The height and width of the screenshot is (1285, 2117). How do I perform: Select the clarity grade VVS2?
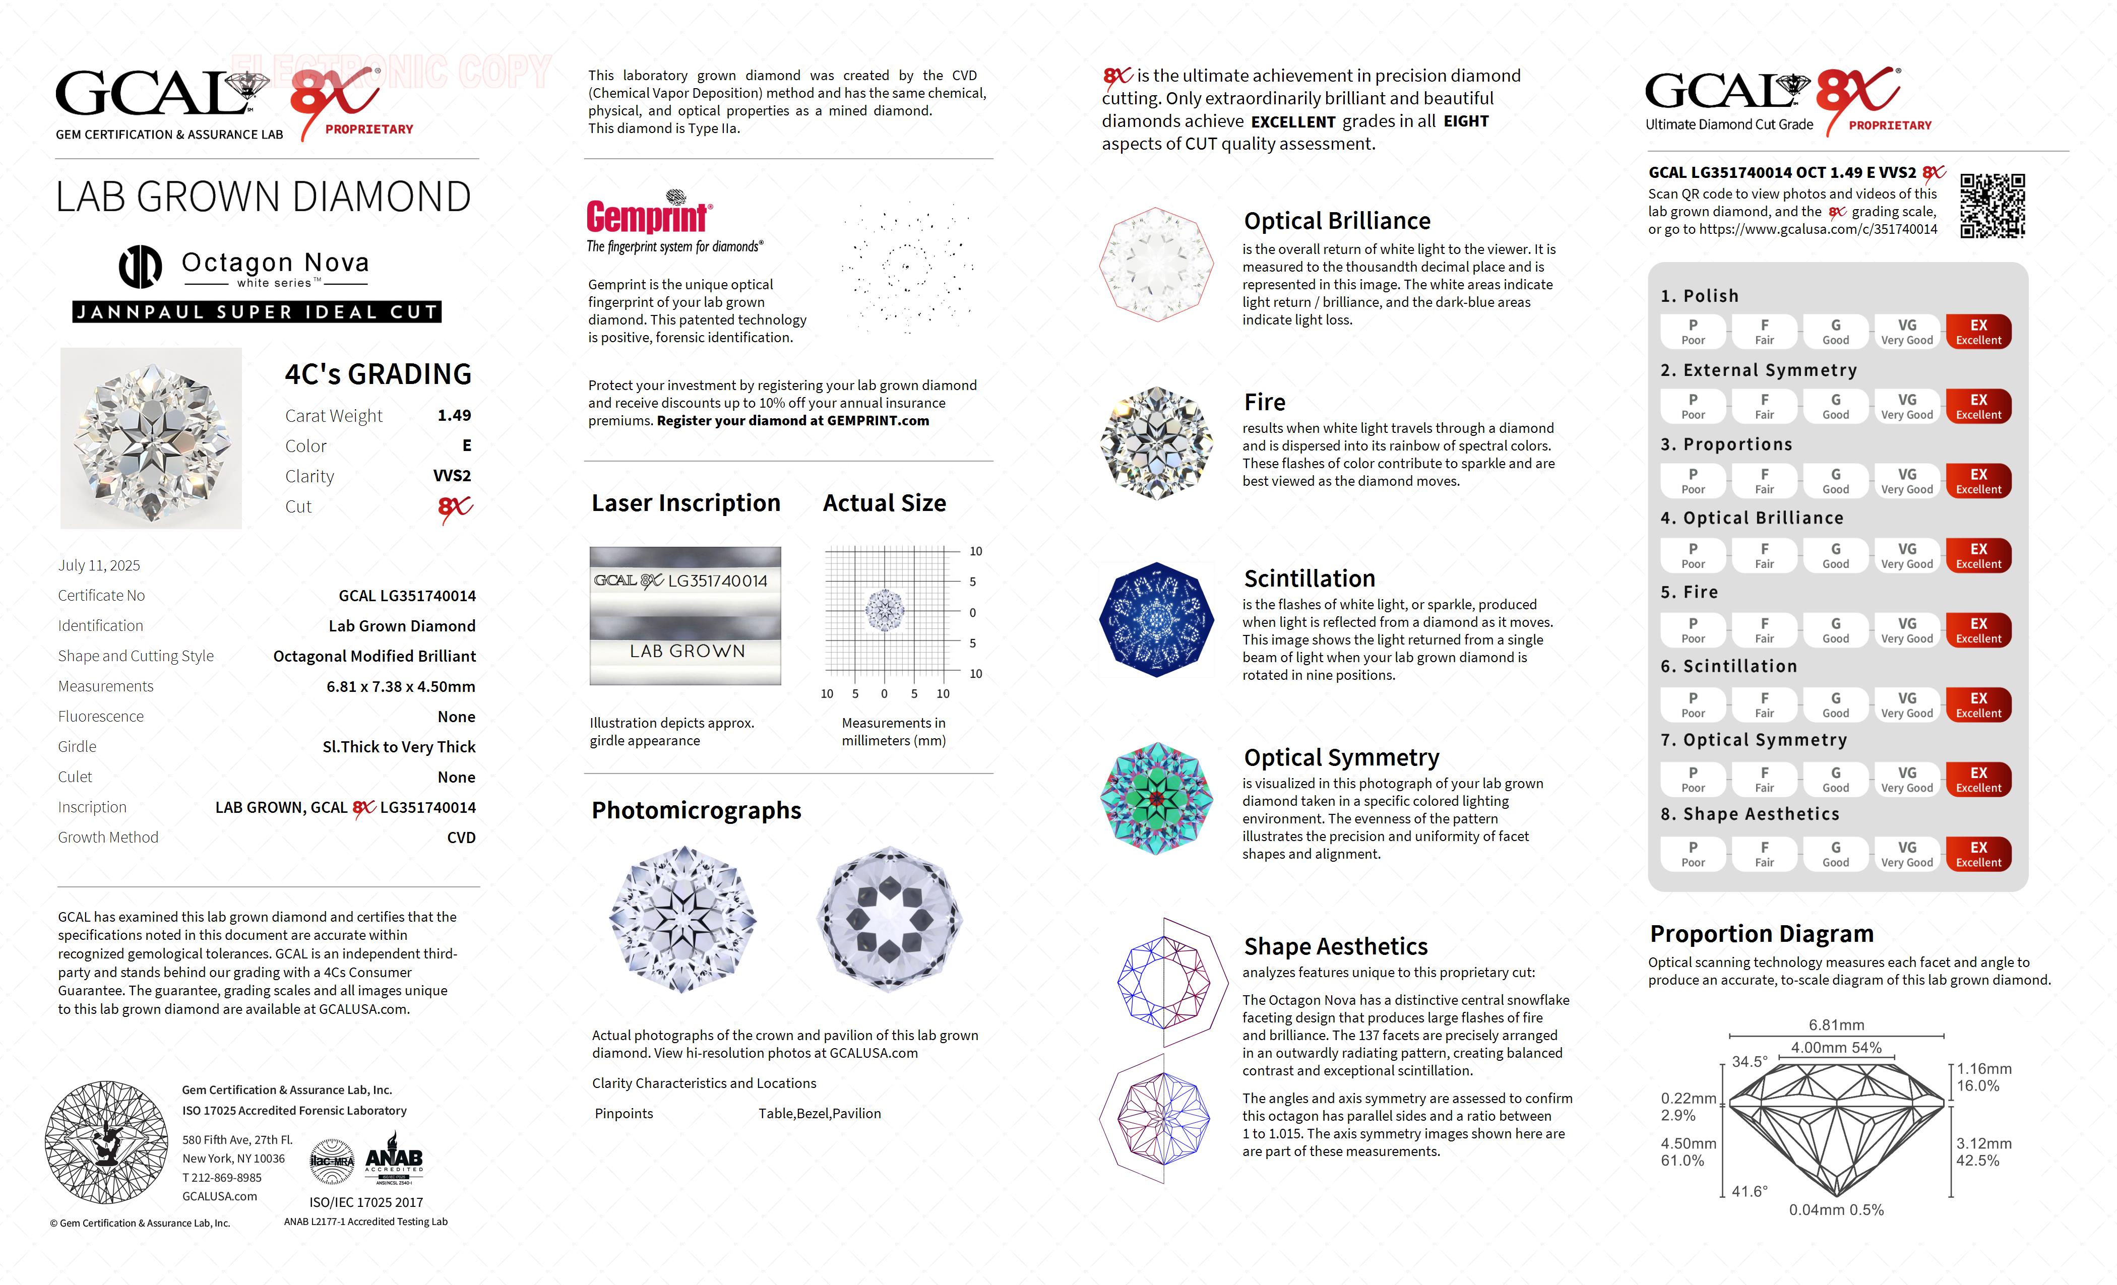(452, 476)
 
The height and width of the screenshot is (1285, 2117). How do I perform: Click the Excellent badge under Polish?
(1978, 332)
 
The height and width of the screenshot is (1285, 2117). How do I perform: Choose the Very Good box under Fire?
(1906, 629)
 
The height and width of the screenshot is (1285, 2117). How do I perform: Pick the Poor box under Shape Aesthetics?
(1693, 854)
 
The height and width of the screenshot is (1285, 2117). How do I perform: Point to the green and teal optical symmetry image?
(1156, 799)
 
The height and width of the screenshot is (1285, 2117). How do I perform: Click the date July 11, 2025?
(99, 565)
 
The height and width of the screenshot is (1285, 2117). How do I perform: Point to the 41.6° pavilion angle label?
(1749, 1191)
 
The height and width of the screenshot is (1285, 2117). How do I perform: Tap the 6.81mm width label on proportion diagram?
(1836, 1025)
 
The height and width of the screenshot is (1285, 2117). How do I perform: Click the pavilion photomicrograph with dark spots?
(889, 919)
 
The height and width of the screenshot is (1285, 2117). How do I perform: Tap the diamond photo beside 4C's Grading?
(151, 438)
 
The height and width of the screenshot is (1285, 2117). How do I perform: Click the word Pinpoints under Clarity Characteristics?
(624, 1113)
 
